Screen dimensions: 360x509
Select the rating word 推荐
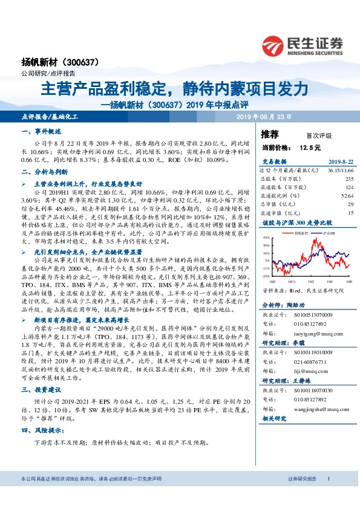click(x=270, y=133)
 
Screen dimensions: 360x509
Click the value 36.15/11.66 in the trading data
click(x=339, y=171)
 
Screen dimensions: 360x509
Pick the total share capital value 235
click(x=349, y=179)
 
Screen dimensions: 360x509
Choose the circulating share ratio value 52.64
click(x=347, y=196)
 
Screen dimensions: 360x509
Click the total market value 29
click(x=350, y=204)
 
